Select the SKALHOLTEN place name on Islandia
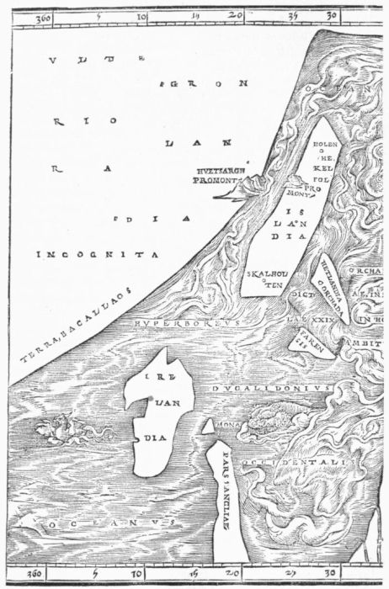tap(264, 279)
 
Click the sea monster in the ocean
tap(72, 432)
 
